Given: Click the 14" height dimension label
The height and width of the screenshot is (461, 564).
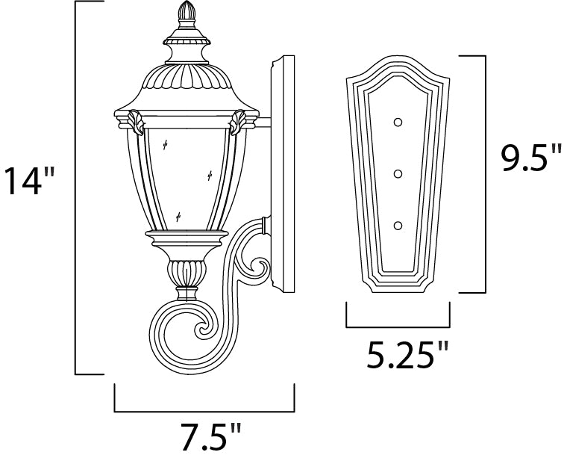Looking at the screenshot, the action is (30, 181).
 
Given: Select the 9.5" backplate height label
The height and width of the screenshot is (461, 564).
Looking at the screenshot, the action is (531, 158).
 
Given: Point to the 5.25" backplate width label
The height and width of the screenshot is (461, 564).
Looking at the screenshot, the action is (407, 355).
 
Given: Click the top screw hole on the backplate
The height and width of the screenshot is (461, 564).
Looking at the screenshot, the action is (398, 123).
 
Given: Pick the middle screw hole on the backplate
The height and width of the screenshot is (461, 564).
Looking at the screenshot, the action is (398, 174).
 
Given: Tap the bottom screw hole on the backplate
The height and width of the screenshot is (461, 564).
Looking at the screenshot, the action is (398, 226).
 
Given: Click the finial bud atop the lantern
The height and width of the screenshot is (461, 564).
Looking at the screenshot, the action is (187, 10).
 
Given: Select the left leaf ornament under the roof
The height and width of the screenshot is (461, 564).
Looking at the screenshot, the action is (136, 123).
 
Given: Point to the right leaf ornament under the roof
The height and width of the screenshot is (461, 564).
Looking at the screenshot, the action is (238, 123).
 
